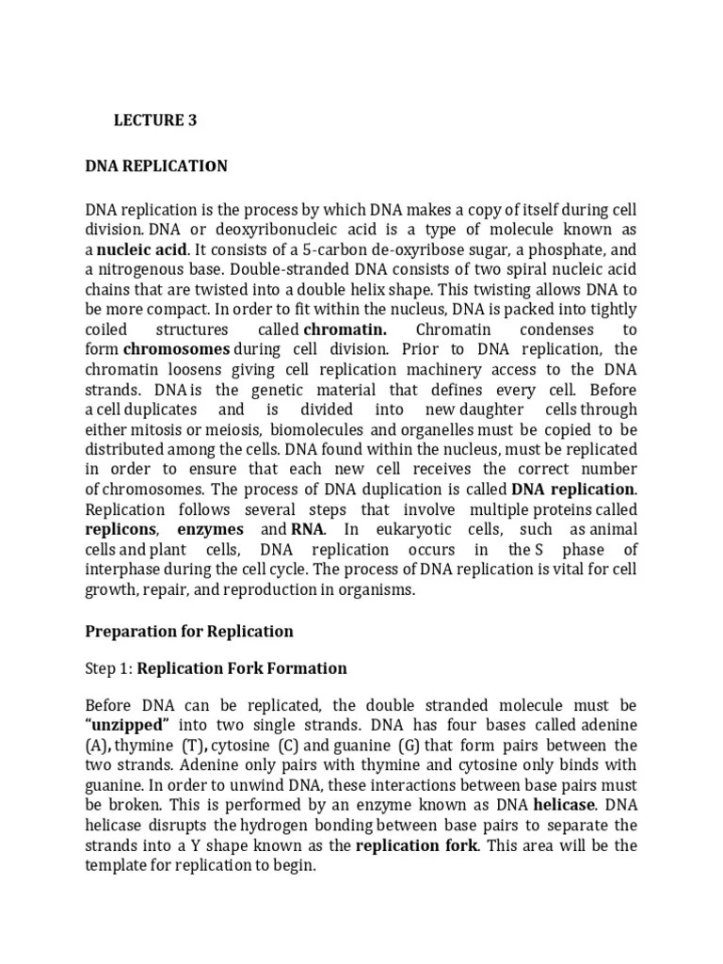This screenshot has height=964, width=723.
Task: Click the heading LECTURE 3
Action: [155, 120]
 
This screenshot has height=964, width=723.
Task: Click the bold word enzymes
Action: [210, 529]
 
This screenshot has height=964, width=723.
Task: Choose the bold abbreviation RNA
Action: [307, 529]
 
